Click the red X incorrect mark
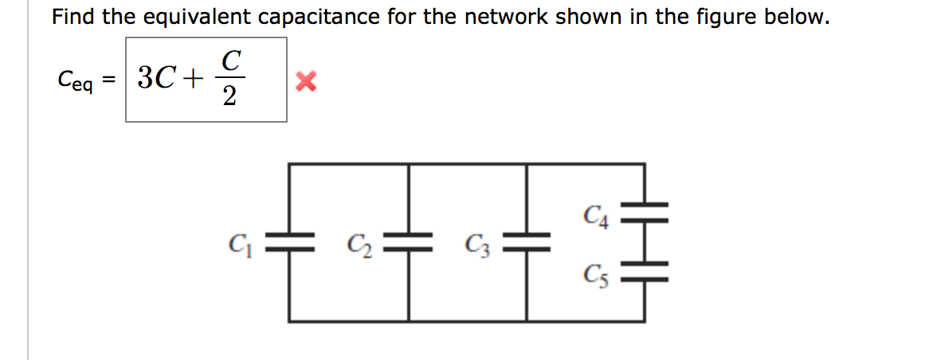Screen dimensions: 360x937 [305, 80]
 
